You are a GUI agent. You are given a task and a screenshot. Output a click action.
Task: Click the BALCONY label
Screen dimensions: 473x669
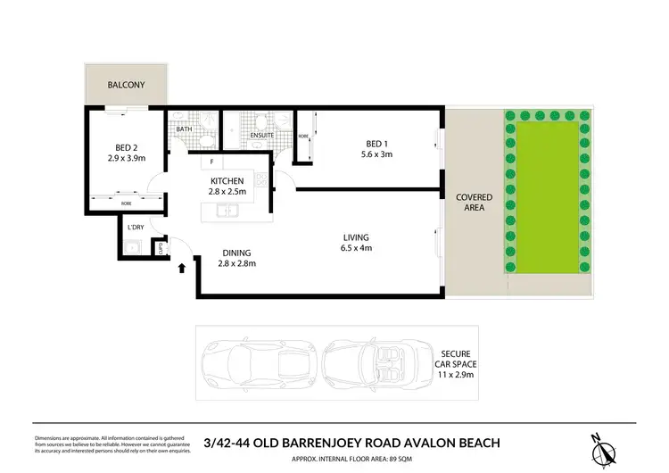[126, 86]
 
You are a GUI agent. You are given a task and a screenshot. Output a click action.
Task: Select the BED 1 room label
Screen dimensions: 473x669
[376, 144]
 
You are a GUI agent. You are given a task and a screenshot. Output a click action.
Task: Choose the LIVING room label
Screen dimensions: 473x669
[356, 236]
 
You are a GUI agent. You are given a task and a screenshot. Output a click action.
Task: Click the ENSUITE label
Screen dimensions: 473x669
[261, 136]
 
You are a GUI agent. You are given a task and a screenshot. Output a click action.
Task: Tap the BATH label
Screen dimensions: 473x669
[185, 129]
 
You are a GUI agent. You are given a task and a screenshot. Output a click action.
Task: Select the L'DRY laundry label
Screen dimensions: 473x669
[136, 228]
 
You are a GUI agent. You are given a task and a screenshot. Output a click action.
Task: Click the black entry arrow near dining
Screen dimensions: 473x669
[183, 266]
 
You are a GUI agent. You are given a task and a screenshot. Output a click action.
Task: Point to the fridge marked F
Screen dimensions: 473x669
[211, 162]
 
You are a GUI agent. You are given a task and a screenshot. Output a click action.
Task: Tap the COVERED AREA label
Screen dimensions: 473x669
[469, 202]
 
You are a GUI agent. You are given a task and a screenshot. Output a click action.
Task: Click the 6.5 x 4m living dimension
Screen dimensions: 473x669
[356, 247]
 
